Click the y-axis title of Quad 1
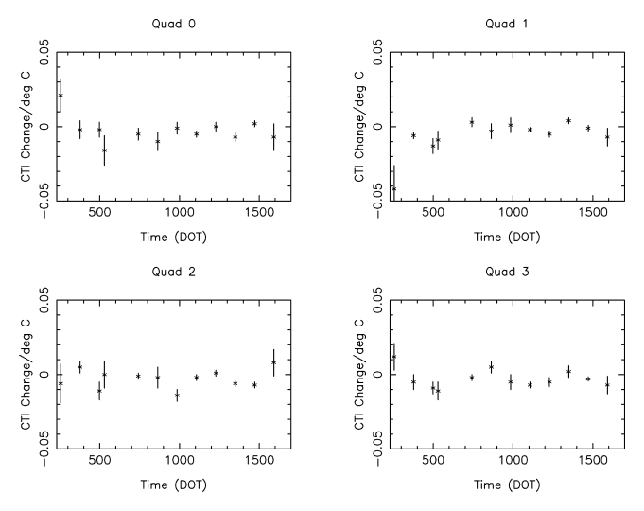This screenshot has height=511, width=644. point(359,127)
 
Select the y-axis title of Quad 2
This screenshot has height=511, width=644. point(26,375)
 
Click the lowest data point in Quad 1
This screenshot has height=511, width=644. point(394,188)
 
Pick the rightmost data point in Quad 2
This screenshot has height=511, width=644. point(274,362)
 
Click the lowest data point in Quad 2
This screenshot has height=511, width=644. point(177,396)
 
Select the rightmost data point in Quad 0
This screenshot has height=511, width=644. point(274,137)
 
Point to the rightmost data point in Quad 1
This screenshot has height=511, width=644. point(608,137)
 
